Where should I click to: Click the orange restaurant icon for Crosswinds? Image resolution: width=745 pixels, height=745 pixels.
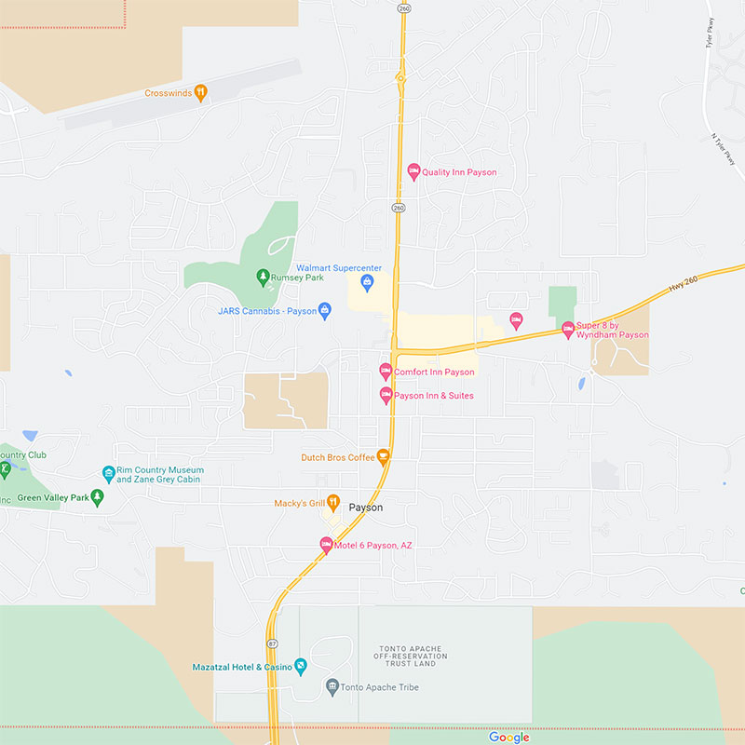pos(200,93)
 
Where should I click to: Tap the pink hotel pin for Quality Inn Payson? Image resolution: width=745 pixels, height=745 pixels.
pos(414,171)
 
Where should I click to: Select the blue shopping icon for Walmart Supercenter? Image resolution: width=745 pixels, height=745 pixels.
pos(367,281)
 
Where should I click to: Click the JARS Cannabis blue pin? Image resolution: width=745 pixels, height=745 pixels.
pos(325,310)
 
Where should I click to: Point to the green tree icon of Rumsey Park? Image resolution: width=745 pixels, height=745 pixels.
pos(263,277)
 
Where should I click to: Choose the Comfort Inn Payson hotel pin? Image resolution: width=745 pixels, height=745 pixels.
pos(386,372)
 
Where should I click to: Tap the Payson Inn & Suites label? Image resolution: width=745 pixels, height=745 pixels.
pos(433,396)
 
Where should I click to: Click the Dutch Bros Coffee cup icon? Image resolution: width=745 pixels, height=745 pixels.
pos(383,456)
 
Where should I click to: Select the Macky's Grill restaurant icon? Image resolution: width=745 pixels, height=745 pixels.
pos(332,503)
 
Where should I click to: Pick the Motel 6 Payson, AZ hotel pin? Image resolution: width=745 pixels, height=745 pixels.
pos(326,545)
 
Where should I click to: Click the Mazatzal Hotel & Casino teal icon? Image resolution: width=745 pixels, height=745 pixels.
pos(301,666)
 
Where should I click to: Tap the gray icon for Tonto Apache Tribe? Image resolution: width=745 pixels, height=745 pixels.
pos(332,687)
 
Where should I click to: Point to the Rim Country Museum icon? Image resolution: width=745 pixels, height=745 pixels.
pos(109,474)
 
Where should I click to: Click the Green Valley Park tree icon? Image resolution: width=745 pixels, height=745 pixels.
pos(97,497)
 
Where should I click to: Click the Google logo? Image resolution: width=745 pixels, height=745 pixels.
pos(508,737)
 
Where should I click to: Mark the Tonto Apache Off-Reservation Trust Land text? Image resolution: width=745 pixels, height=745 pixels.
pos(413,656)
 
